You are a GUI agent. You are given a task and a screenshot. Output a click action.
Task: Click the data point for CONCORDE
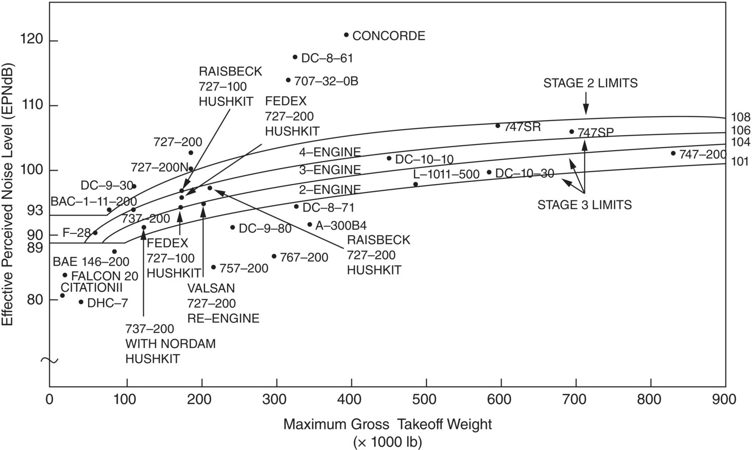pos(346,35)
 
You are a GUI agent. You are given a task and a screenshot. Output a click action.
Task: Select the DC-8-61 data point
pos(295,57)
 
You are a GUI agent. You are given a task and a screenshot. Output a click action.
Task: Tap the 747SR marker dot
pos(498,126)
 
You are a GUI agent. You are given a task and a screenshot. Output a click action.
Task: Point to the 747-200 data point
pos(673,153)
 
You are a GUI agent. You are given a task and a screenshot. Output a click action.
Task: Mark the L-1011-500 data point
pos(416,184)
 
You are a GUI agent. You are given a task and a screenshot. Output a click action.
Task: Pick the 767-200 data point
pos(274,256)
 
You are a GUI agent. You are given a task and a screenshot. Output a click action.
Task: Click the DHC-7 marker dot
pos(81,302)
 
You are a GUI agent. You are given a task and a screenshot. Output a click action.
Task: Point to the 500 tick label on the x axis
pos(426,400)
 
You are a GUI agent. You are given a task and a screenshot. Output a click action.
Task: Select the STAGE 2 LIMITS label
pos(590,83)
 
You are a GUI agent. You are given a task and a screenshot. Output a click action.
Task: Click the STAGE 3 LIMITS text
pos(585,205)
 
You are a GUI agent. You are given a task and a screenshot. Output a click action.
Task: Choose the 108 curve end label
pos(740,118)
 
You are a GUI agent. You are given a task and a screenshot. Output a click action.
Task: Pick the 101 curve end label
pos(740,162)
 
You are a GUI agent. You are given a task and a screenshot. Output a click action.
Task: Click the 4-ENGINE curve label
pos(330,152)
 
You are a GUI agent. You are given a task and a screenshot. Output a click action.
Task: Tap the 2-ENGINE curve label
pos(330,189)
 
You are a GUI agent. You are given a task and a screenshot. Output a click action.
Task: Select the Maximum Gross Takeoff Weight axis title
pos(388,425)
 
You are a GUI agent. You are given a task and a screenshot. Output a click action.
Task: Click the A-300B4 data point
pos(310,224)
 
